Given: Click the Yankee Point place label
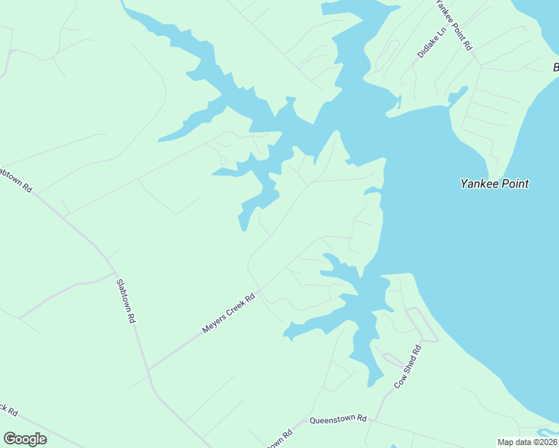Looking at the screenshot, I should tap(494, 184).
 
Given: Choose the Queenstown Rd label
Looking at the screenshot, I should tap(339, 420).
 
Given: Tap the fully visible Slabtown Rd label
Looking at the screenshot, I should tap(125, 300).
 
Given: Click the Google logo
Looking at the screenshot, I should tap(25, 439).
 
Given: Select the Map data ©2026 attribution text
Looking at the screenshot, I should tap(527, 442).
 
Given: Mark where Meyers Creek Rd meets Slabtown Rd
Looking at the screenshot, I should tap(148, 370).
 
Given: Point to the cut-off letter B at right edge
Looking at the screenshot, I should tap(555, 69).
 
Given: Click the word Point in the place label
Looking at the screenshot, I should tap(513, 184).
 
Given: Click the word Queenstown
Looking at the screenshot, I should tap(333, 420).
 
